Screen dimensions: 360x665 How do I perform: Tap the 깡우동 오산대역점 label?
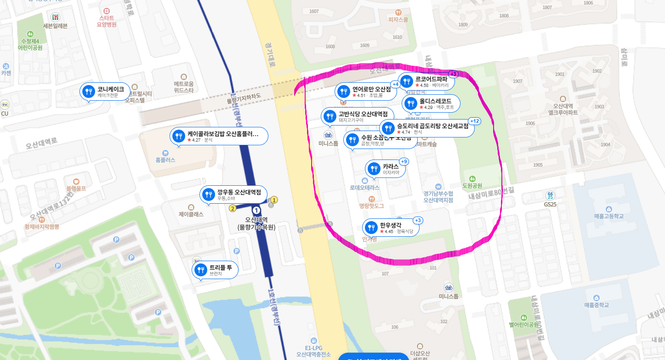239,192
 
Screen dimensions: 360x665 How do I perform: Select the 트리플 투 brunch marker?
200,270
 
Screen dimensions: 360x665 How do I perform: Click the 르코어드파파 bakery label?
431,79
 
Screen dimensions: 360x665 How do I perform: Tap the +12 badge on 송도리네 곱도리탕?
474,121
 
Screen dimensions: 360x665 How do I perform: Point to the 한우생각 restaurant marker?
371,228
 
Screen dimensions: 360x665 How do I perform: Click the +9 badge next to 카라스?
404,161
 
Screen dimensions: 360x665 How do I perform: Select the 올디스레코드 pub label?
435,101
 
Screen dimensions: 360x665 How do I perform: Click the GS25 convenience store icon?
550,195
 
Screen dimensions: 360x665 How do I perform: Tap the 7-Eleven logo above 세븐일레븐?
55,17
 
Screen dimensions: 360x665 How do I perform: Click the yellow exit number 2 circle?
233,208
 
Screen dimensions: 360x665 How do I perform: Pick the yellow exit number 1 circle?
274,200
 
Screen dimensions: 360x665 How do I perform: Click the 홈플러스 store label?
165,160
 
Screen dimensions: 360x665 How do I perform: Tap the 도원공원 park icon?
472,178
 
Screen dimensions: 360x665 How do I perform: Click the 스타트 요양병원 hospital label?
107,21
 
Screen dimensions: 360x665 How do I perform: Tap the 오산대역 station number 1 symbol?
256,211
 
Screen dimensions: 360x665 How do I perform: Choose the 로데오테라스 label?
365,188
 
